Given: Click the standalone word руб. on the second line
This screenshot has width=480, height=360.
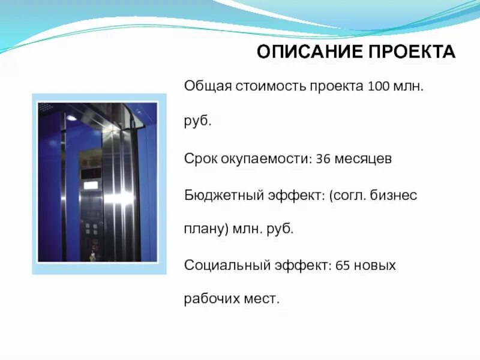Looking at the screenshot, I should pyautogui.click(x=197, y=122).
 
